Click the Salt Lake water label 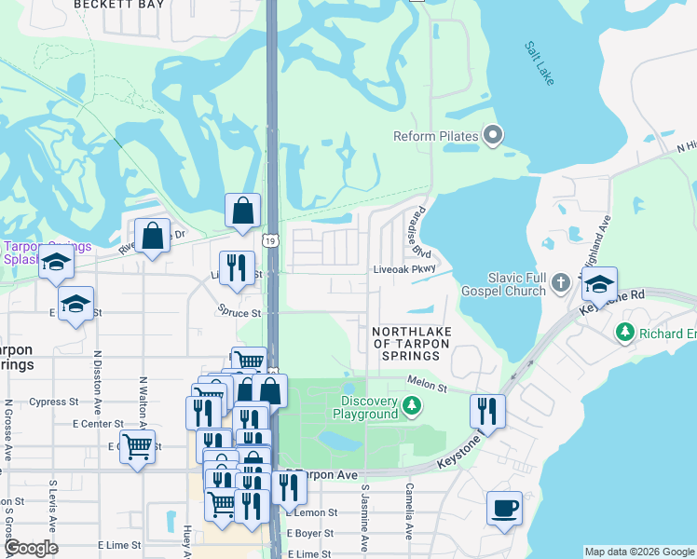coord(539,63)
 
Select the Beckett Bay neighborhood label coord(119,5)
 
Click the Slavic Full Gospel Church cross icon coord(561,281)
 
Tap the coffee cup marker coord(504,509)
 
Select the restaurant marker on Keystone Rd coord(486,409)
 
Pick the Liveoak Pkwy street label coord(404,269)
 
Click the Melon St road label coord(428,384)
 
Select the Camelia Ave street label coord(409,511)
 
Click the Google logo coord(31,548)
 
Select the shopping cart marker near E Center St coord(137,448)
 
